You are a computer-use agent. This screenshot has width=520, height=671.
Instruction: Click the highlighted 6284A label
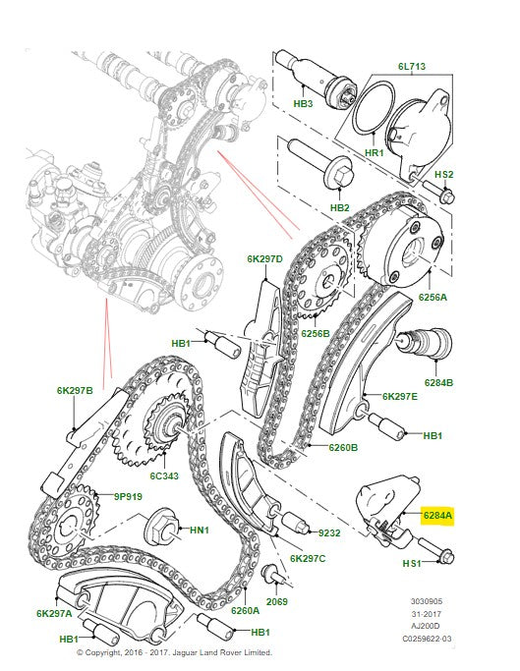click(x=437, y=515)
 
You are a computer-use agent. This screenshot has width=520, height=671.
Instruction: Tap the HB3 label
click(x=303, y=102)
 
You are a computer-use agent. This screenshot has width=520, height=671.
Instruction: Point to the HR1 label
click(x=374, y=155)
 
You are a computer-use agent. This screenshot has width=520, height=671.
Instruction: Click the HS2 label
click(x=443, y=175)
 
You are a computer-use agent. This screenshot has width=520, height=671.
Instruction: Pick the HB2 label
click(x=340, y=207)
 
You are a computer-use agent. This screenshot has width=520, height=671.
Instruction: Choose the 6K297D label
click(x=264, y=259)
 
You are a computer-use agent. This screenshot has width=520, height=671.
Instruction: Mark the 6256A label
click(x=433, y=296)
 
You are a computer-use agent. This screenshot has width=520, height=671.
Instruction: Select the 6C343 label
click(x=162, y=476)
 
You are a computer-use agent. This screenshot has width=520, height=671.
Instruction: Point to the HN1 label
click(x=200, y=531)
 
